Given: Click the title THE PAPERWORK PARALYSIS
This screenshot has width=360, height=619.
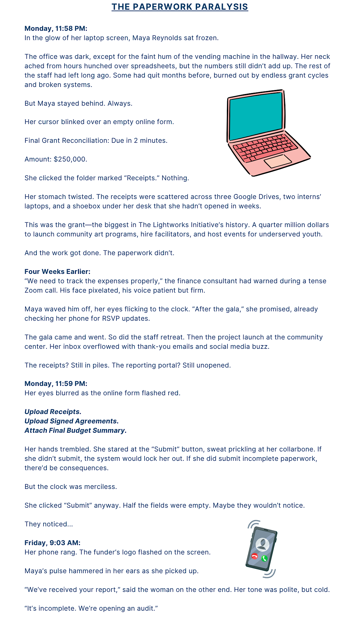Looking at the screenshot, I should pos(180,7).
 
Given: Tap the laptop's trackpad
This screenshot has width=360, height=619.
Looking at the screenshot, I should pos(278,161).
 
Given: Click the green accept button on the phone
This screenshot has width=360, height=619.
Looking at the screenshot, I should pos(265,558).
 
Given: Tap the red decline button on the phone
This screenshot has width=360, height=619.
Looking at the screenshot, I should pos(255,556).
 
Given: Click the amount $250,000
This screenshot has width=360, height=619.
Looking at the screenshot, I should pos(70,159).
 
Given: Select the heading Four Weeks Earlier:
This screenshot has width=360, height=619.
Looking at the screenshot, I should pos(57,272).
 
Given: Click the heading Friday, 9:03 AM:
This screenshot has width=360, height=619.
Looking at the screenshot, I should pos(52,543).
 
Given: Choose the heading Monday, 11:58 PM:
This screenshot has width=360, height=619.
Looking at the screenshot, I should pos(56,28).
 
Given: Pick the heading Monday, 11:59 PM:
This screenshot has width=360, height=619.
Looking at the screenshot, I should pos(56,384).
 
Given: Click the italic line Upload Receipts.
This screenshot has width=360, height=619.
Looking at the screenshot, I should pos(53,412).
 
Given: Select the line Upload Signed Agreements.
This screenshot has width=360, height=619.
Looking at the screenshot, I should pos(71,421).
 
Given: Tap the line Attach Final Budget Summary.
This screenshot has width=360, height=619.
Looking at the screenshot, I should pos(75,430).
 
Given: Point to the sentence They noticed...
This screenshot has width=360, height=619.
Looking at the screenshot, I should pos(49,524).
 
